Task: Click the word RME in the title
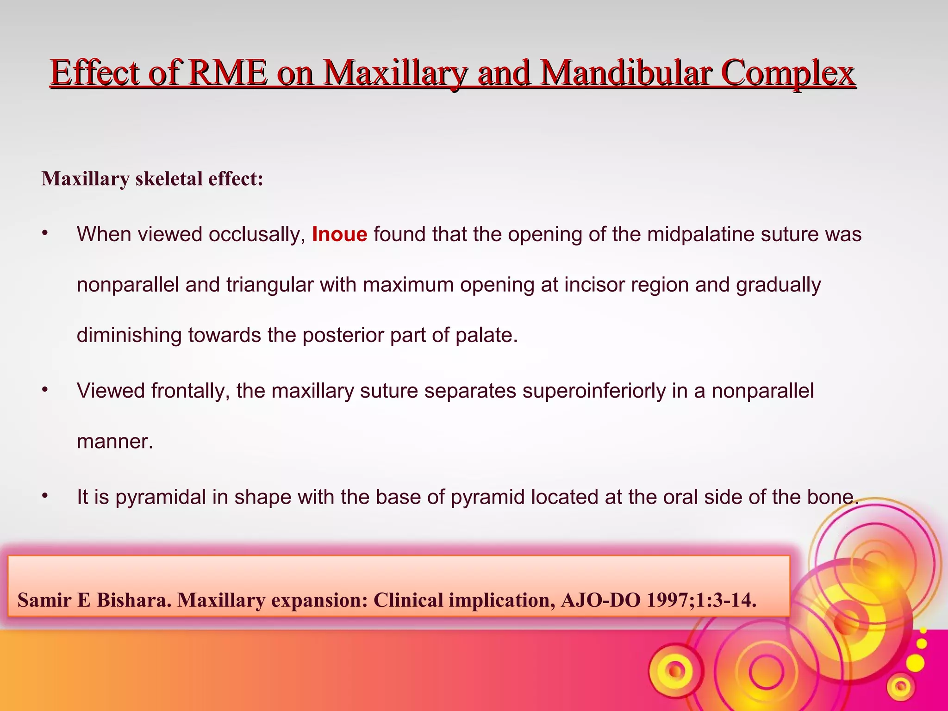[228, 73]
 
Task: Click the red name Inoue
[339, 234]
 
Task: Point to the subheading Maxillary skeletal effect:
[152, 179]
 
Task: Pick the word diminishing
[129, 335]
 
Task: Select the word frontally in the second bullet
[190, 391]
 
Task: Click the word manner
[114, 442]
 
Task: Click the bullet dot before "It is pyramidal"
[45, 496]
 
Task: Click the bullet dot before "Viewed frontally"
[45, 390]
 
